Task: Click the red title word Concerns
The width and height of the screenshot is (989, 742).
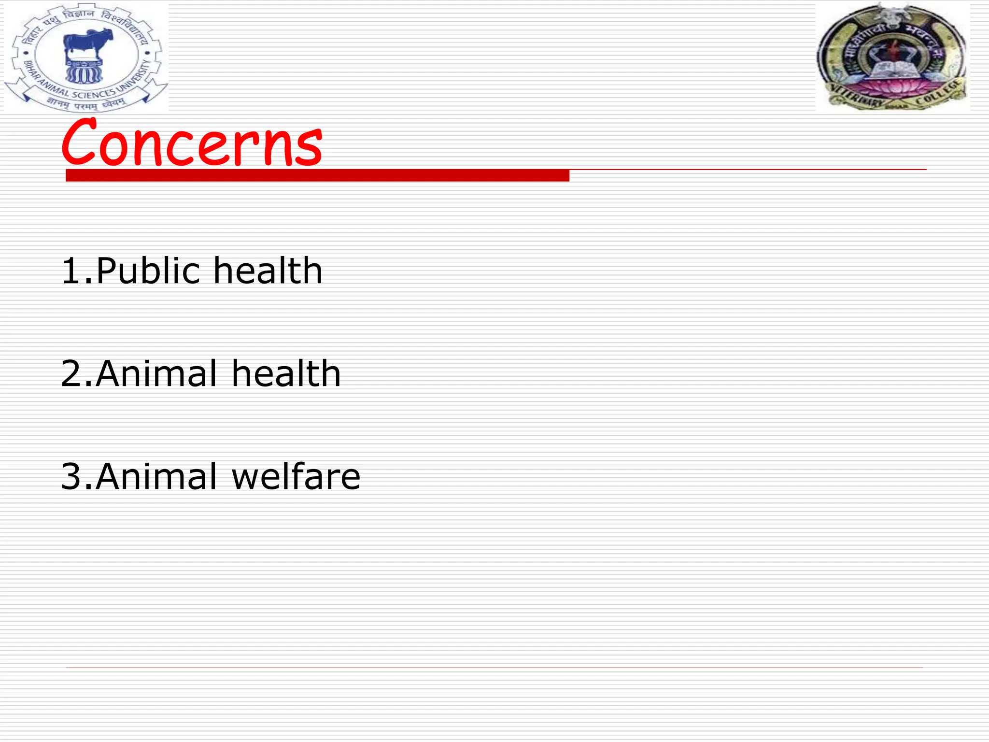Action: coord(192,143)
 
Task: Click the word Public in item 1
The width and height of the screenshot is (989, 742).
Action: coord(148,271)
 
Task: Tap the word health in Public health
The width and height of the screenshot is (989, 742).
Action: coord(268,271)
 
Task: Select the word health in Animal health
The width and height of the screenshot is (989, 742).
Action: coord(286,373)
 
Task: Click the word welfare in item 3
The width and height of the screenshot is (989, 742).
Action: coord(296,477)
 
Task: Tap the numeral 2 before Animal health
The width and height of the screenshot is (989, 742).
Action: coord(71,373)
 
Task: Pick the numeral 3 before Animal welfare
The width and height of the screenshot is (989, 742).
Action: coord(71,477)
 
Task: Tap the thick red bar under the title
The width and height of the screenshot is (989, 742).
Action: coord(317,175)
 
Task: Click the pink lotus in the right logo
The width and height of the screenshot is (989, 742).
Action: coord(893,88)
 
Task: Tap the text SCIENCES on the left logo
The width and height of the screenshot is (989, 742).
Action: coord(94,94)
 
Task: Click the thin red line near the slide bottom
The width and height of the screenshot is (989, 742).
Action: coord(494,668)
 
